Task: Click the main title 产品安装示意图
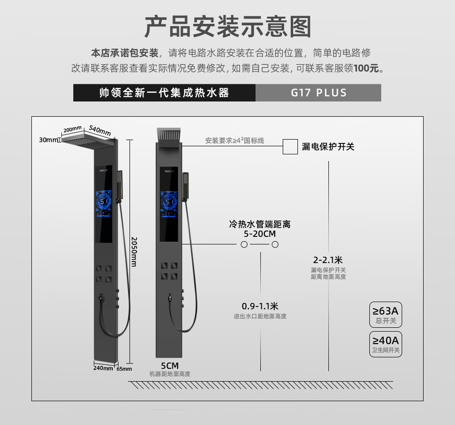227,27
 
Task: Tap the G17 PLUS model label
318,92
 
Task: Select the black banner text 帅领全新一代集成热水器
164,92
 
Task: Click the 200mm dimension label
73,129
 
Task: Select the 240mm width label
103,368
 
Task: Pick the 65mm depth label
124,368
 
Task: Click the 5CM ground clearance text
169,365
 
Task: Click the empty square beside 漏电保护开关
290,146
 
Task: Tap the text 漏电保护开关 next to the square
328,147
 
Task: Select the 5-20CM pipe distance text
259,234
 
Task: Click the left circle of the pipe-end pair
244,244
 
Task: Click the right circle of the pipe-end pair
275,244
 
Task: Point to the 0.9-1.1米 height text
260,306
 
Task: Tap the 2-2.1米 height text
328,260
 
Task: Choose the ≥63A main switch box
386,314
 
